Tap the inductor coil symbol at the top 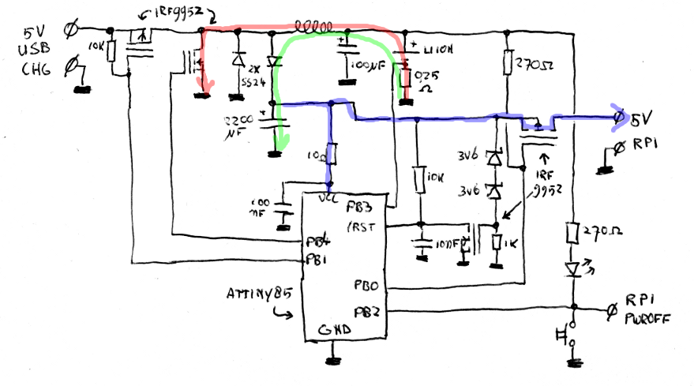(x=314, y=25)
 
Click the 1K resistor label (x=510, y=245)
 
